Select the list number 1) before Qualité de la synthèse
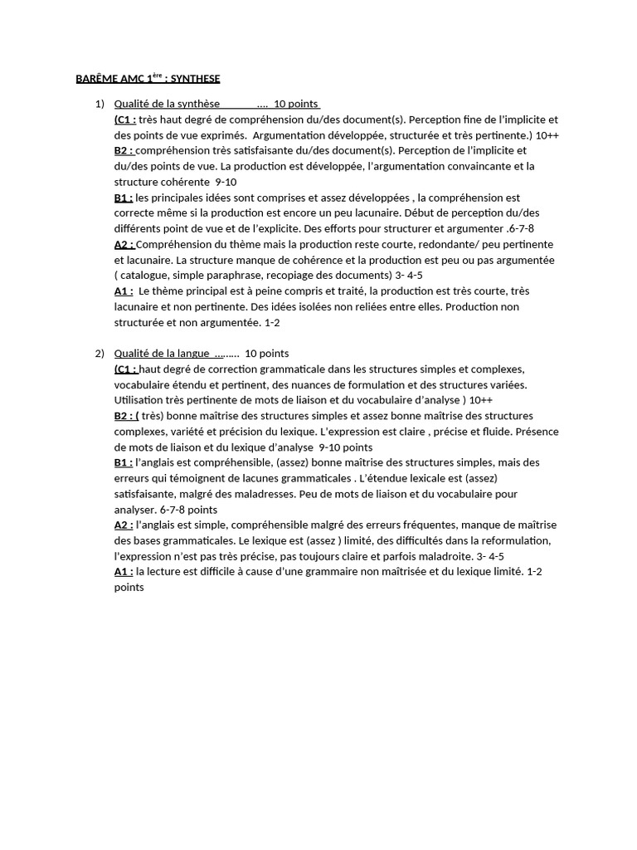pyautogui.click(x=100, y=104)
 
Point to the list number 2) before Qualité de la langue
pyautogui.click(x=100, y=354)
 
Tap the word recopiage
pyautogui.click(x=284, y=276)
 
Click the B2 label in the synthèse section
pyautogui.click(x=124, y=151)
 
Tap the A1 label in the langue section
pyautogui.click(x=124, y=572)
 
